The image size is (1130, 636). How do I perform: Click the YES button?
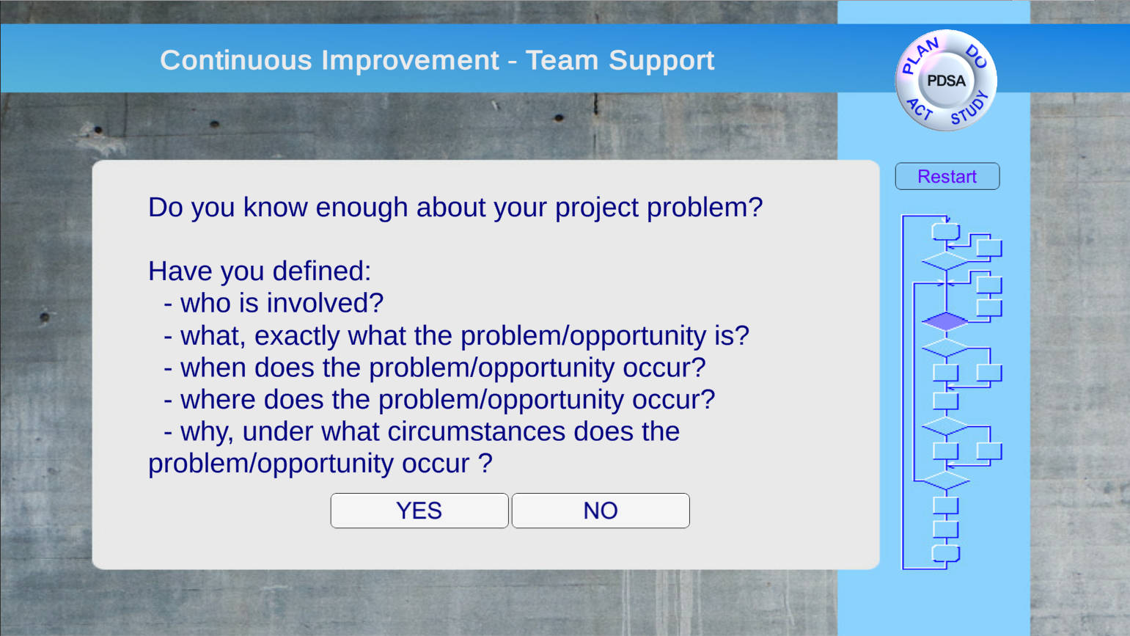(419, 511)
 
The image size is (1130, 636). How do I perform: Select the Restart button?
(947, 176)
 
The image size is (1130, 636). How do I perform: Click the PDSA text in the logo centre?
(947, 81)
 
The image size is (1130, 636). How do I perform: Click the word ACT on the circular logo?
(920, 109)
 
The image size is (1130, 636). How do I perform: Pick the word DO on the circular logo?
(977, 56)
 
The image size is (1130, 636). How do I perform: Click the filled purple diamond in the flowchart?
(945, 321)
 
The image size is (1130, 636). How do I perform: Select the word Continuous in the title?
(236, 60)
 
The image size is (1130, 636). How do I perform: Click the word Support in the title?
(661, 62)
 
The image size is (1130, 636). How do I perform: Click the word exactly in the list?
(297, 336)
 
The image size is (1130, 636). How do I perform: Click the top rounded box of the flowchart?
(946, 232)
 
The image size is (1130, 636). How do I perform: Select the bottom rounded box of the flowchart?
(946, 553)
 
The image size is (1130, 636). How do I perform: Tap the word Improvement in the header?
(410, 61)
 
